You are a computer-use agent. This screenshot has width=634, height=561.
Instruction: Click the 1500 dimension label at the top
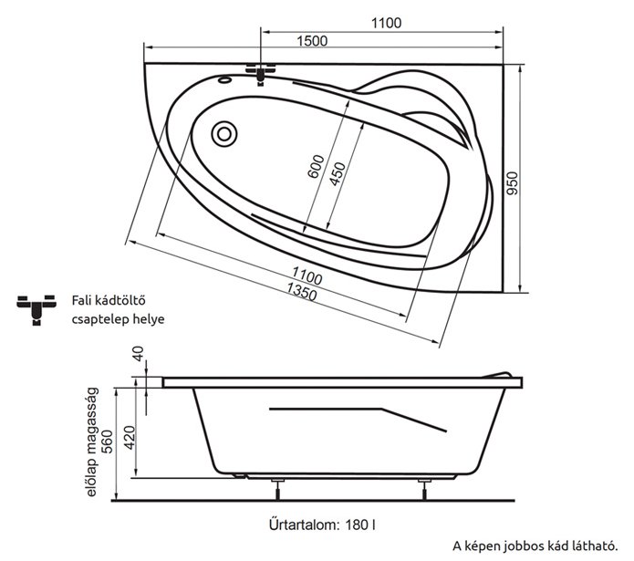[x=312, y=41]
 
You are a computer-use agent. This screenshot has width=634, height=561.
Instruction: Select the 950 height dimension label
[x=512, y=183]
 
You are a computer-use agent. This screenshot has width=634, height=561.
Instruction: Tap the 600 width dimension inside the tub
[x=317, y=166]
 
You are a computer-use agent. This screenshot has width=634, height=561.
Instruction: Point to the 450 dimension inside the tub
[x=338, y=174]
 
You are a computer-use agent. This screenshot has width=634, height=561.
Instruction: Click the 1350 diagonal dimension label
[x=302, y=292]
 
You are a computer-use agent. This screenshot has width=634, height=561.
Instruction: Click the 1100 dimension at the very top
[x=386, y=23]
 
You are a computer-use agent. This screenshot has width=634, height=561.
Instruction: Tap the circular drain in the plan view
[x=224, y=134]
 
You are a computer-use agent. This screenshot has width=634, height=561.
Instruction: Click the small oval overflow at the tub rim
[x=224, y=79]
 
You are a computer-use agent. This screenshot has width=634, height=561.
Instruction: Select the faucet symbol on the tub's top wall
[x=260, y=74]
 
